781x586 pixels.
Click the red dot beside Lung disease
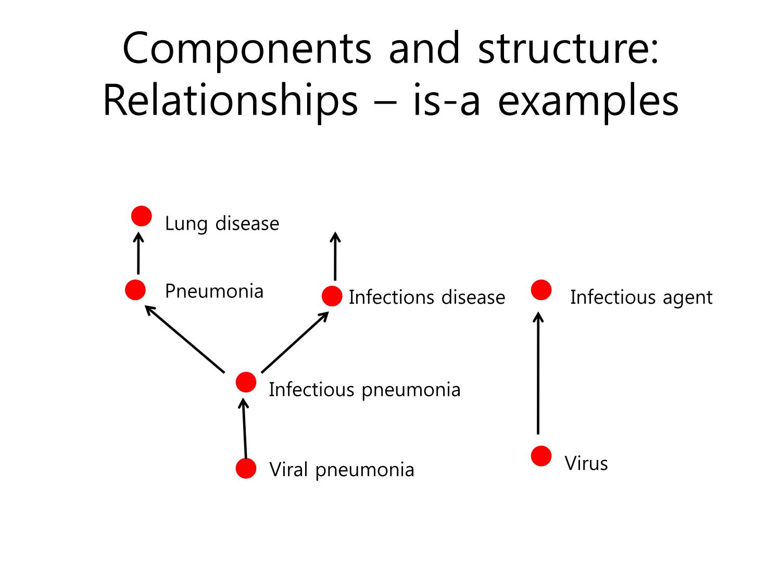click(x=141, y=216)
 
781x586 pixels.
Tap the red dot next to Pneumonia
click(x=135, y=290)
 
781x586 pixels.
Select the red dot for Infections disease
click(x=332, y=296)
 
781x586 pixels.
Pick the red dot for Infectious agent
click(x=541, y=290)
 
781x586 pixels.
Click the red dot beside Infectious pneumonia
click(x=246, y=382)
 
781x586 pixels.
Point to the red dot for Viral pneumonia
click(x=246, y=468)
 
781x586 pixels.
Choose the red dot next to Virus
click(x=541, y=456)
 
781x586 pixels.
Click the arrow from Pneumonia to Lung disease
click(x=138, y=253)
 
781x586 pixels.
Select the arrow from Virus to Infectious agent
click(x=538, y=373)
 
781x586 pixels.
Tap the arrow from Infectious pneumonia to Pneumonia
click(x=185, y=339)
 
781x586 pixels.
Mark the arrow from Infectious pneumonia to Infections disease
click(x=295, y=342)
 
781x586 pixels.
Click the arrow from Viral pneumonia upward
click(x=244, y=428)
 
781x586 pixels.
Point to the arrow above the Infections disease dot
click(x=335, y=256)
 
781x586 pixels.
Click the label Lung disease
click(x=222, y=223)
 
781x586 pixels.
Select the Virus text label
click(x=586, y=463)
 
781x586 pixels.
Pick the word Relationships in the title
click(x=230, y=101)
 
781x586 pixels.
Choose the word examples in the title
click(x=588, y=101)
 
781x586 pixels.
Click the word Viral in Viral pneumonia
click(x=288, y=469)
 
